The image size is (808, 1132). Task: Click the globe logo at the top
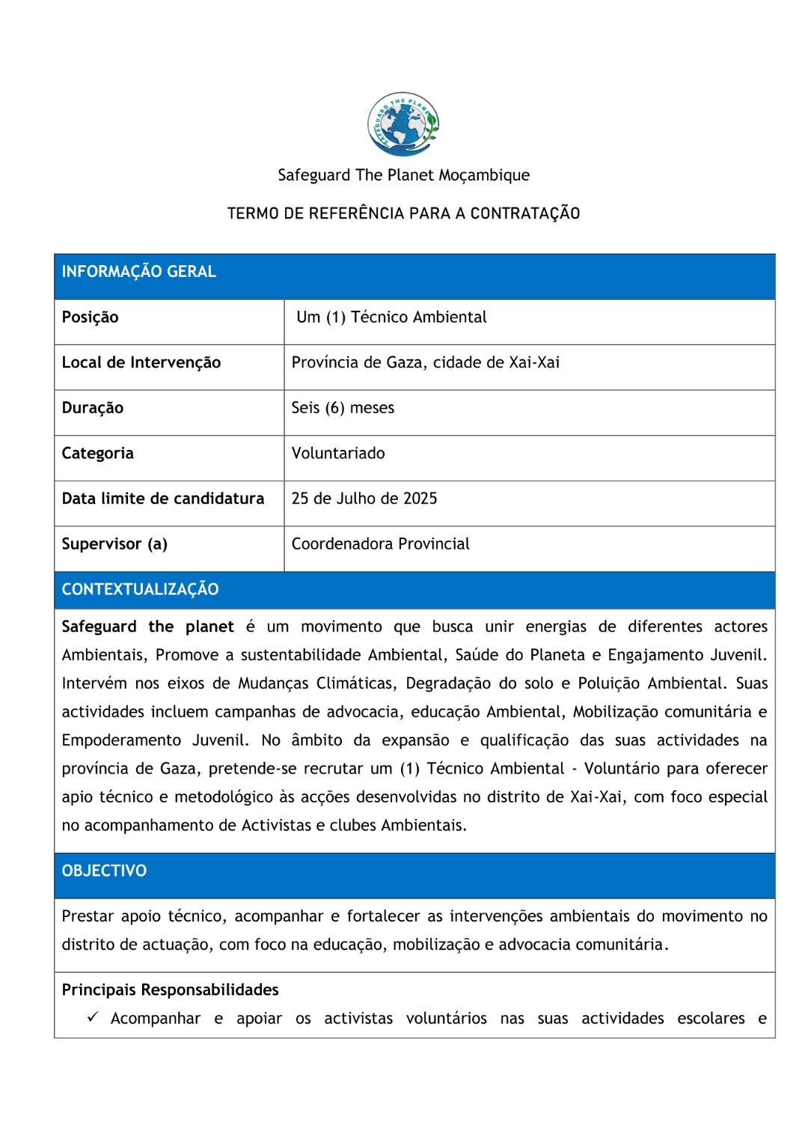point(403,124)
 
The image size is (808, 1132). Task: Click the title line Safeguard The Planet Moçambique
point(403,175)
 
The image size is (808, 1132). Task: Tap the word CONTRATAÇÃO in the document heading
point(525,213)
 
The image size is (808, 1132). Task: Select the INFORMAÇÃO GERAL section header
point(139,272)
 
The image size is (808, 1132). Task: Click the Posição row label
point(91,317)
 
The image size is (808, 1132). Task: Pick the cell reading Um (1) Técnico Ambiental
point(391,317)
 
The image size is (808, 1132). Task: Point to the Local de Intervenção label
point(141,363)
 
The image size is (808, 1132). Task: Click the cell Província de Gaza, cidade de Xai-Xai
point(426,363)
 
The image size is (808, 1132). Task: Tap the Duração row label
point(93,408)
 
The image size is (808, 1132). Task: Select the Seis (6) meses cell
point(343,408)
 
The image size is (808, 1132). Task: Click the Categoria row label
point(98,454)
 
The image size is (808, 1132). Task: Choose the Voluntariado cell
point(338,454)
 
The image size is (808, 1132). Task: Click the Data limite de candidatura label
point(163,499)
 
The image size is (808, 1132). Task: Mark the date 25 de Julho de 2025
point(364,499)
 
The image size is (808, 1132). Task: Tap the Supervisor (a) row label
point(114,544)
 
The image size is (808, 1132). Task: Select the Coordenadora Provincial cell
point(381,544)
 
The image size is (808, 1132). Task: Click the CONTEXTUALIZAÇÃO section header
point(141,590)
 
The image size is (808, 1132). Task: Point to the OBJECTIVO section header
point(105,871)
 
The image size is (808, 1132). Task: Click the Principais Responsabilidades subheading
point(171,990)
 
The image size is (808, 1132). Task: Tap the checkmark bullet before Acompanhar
point(93,1017)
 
